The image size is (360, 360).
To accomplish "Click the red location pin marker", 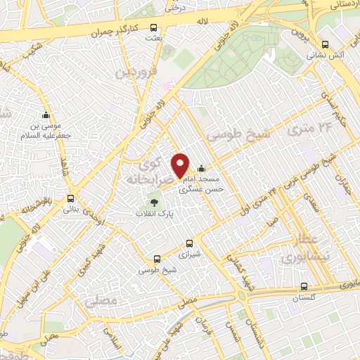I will (x=181, y=165).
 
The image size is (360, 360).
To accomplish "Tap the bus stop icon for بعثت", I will (x=153, y=30).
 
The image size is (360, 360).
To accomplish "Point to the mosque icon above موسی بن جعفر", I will (x=46, y=115).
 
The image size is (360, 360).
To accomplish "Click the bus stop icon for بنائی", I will (x=70, y=198).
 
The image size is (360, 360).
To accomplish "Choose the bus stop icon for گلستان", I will (x=304, y=286).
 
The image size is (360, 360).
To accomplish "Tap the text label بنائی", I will (x=70, y=209).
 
